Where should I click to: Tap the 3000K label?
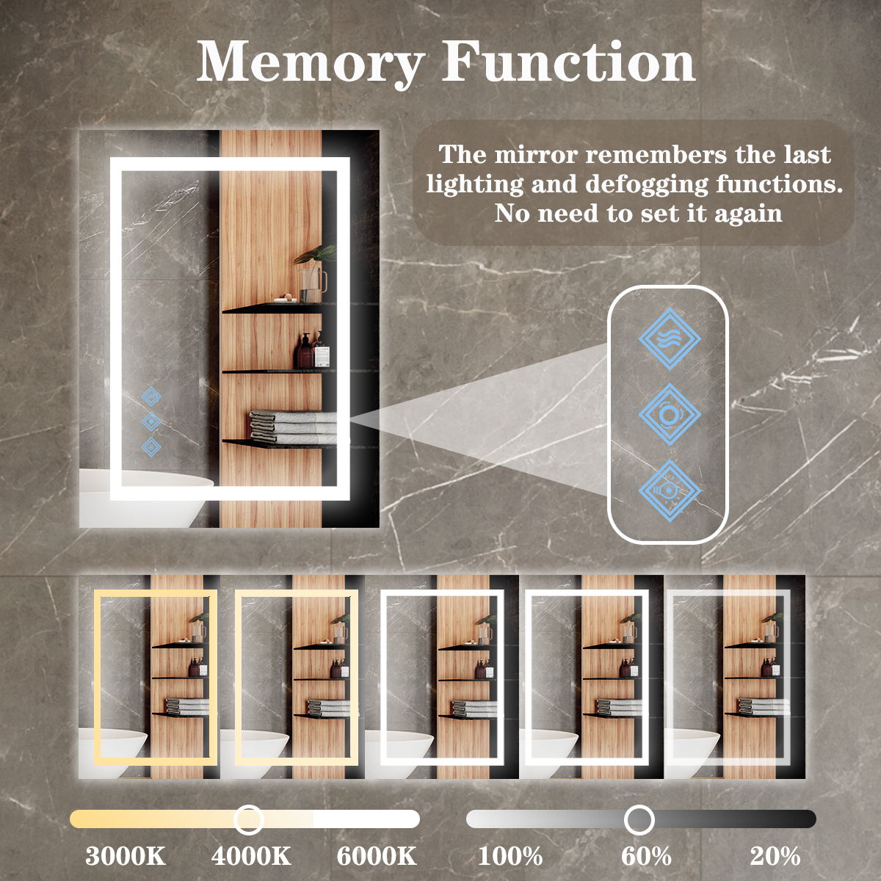pyautogui.click(x=126, y=856)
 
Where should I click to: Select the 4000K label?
pyautogui.click(x=251, y=856)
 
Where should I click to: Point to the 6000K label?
pyautogui.click(x=377, y=856)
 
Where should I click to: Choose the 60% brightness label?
pyautogui.click(x=646, y=856)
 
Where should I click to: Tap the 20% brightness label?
pyautogui.click(x=775, y=856)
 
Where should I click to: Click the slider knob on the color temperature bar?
pyautogui.click(x=249, y=819)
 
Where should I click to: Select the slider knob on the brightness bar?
pyautogui.click(x=639, y=819)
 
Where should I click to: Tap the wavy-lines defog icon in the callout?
pyautogui.click(x=669, y=339)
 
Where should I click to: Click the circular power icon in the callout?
pyautogui.click(x=669, y=414)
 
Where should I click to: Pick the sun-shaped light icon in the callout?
pyautogui.click(x=669, y=490)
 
